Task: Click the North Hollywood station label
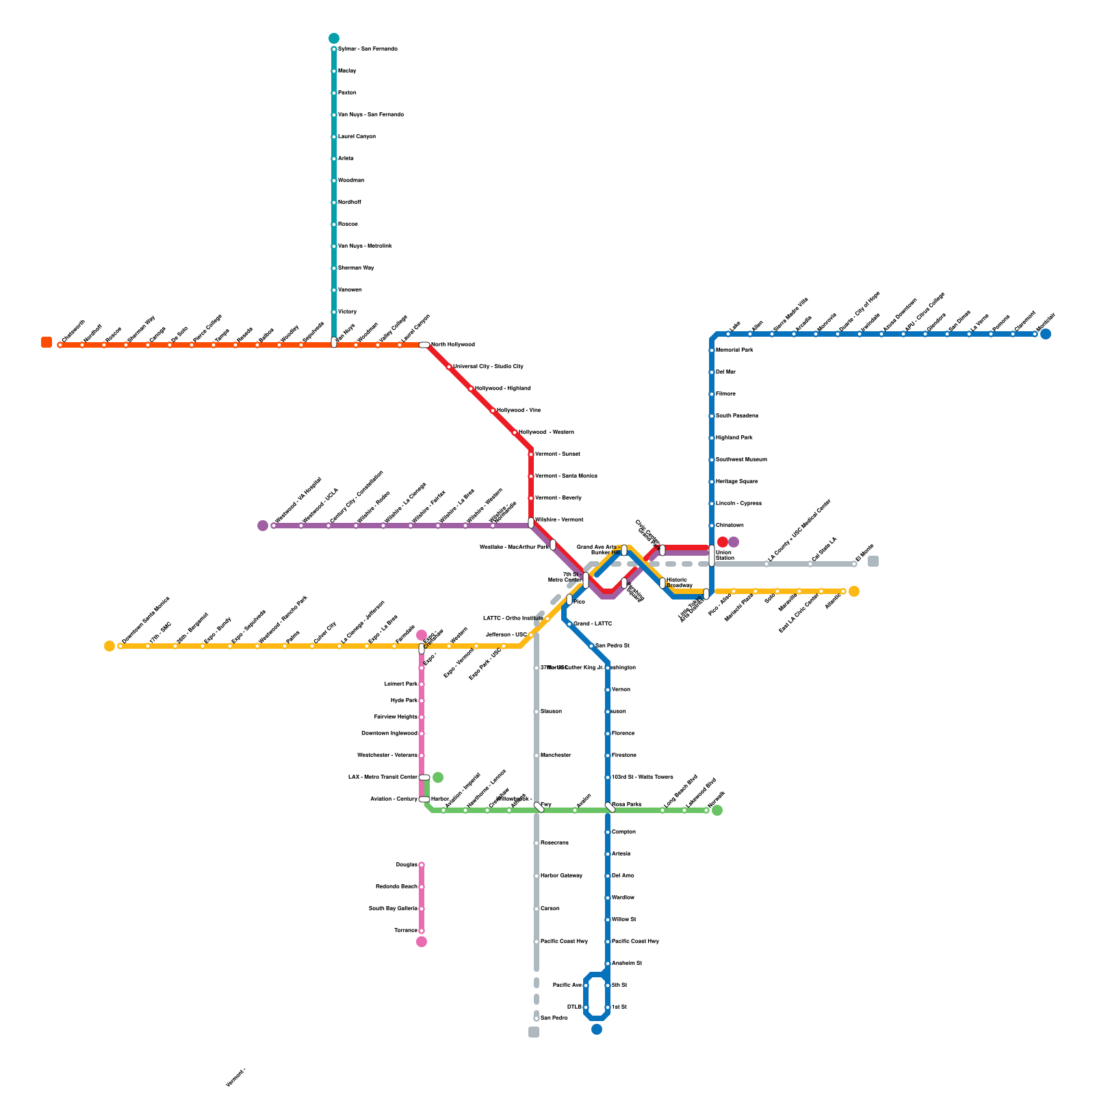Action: [452, 345]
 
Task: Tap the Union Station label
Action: [724, 555]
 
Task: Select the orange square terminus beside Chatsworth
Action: [47, 342]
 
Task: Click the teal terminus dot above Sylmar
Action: [334, 38]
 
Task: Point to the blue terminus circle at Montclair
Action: [1046, 334]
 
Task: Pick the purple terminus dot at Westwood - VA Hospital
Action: [263, 526]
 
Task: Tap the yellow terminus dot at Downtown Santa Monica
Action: [109, 646]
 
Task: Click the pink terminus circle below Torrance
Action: [422, 942]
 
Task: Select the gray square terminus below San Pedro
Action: [534, 1032]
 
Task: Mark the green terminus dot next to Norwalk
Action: [717, 810]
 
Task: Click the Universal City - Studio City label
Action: [488, 367]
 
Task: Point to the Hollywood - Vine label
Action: [518, 411]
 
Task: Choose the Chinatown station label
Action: [730, 526]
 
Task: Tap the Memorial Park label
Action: [734, 350]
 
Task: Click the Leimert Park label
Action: [401, 684]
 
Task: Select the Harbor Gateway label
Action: [561, 876]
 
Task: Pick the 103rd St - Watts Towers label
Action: [642, 777]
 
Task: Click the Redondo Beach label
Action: [396, 887]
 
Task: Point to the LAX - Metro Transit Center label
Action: [383, 777]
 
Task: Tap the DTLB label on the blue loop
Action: [574, 1007]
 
